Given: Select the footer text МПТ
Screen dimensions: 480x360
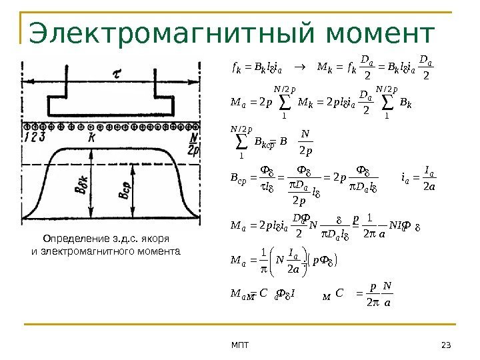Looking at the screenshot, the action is click(239, 344).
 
